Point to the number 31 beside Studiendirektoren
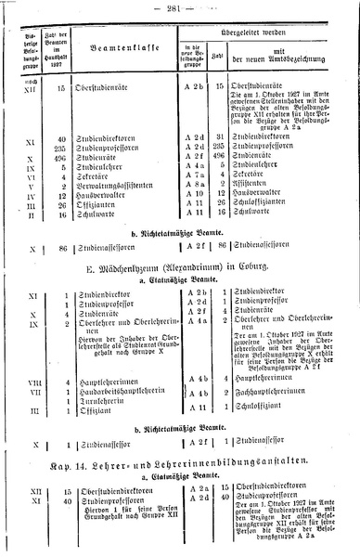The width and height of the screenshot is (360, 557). [x=221, y=137]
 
